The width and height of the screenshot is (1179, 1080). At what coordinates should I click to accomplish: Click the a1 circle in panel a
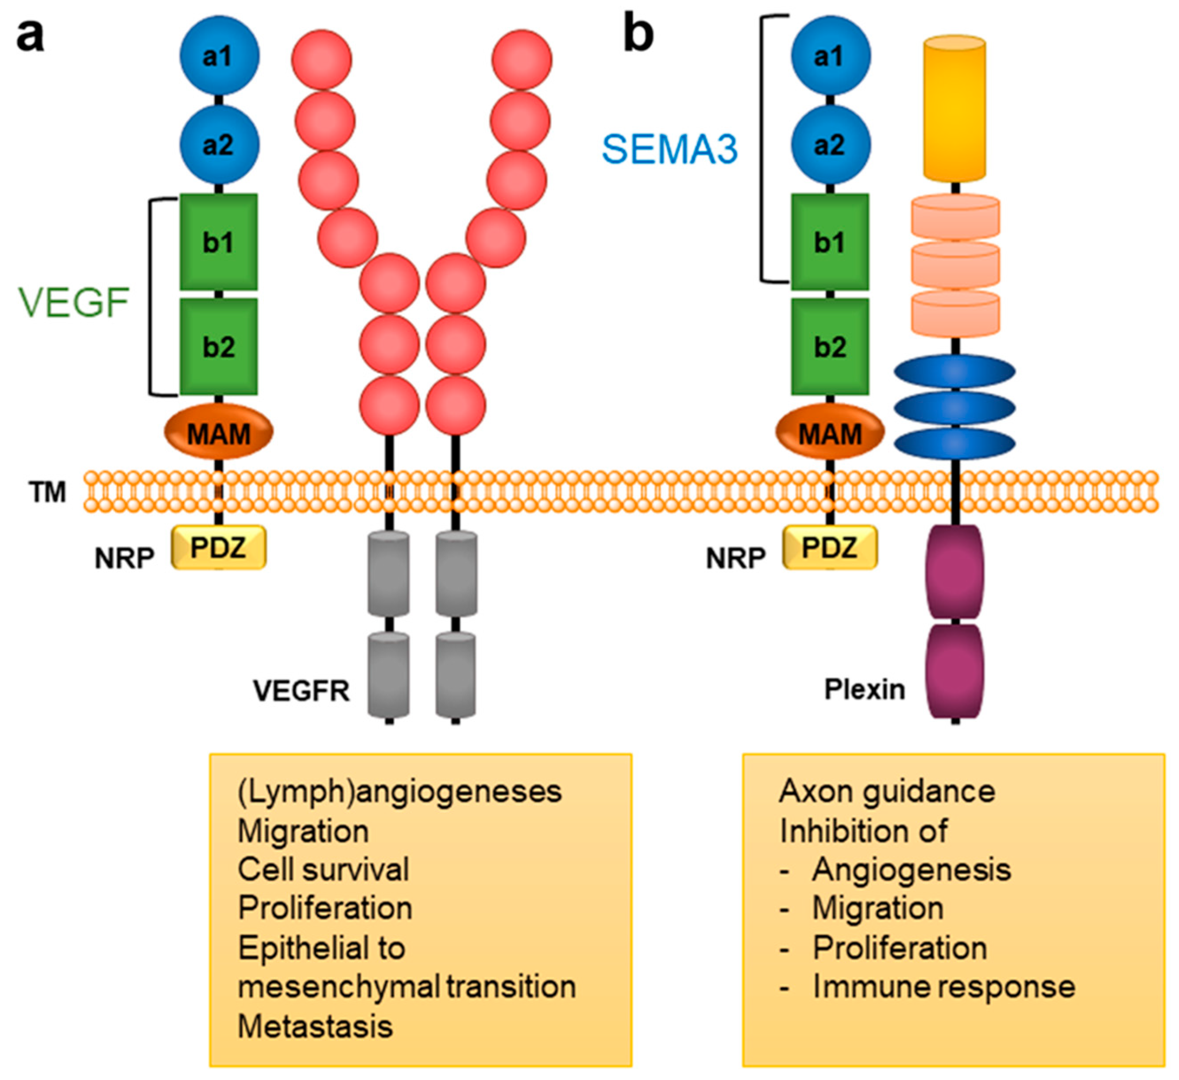tap(219, 56)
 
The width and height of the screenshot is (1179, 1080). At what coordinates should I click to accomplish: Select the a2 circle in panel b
tap(831, 144)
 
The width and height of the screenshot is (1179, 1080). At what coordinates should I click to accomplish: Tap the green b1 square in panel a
tap(219, 242)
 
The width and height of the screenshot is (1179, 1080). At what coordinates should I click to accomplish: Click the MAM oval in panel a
tap(218, 432)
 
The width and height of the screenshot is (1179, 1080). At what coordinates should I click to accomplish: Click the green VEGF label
tap(74, 302)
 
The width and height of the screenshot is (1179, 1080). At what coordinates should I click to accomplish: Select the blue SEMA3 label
tap(670, 149)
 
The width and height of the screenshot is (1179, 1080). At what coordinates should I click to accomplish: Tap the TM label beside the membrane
tap(47, 492)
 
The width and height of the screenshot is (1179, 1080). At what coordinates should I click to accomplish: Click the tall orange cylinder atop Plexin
tap(955, 108)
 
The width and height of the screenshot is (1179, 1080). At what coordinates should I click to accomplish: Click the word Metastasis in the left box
tap(315, 1026)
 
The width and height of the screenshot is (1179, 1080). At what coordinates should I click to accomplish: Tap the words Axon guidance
tap(887, 792)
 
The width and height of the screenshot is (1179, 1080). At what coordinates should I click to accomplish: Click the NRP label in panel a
tap(124, 559)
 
